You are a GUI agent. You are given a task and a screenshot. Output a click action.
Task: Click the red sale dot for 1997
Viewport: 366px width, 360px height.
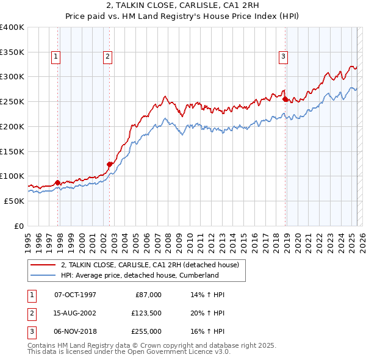tap(58, 182)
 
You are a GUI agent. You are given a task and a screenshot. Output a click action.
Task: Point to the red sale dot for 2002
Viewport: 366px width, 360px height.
tap(110, 164)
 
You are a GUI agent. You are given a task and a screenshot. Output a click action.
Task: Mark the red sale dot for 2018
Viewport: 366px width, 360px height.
tap(285, 98)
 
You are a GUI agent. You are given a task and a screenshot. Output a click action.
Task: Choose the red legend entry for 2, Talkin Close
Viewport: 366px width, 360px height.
tap(153, 265)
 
